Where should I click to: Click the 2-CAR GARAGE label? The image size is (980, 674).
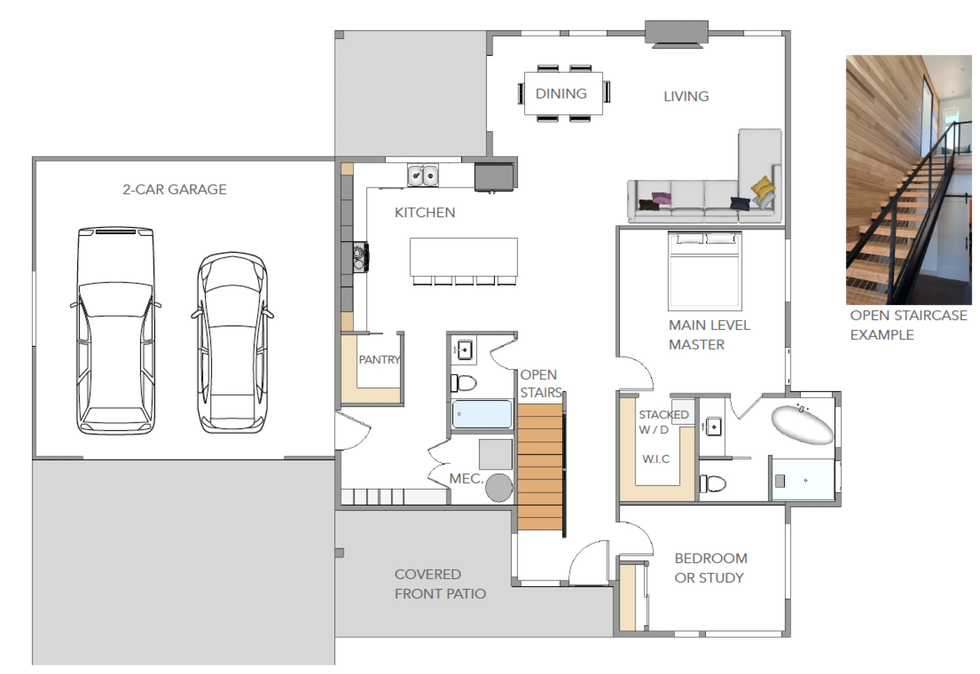pyautogui.click(x=175, y=189)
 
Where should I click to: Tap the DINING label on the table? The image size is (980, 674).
pyautogui.click(x=561, y=94)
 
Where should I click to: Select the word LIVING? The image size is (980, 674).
pyautogui.click(x=686, y=96)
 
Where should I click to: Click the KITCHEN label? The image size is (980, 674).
pyautogui.click(x=425, y=212)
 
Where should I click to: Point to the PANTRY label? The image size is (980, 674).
pyautogui.click(x=380, y=360)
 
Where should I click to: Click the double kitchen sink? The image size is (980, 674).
pyautogui.click(x=423, y=175)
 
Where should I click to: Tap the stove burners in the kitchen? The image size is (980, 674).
pyautogui.click(x=361, y=257)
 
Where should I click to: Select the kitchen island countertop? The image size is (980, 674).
pyautogui.click(x=463, y=257)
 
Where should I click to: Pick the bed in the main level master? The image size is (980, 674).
pyautogui.click(x=705, y=270)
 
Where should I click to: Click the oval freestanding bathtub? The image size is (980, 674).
pyautogui.click(x=802, y=424)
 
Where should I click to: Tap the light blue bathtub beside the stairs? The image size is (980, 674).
pyautogui.click(x=482, y=414)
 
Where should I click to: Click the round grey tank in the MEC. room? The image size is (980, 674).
pyautogui.click(x=499, y=488)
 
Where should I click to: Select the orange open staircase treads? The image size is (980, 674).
pyautogui.click(x=540, y=466)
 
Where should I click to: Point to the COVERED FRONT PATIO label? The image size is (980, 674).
pyautogui.click(x=440, y=584)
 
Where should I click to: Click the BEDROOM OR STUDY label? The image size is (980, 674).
pyautogui.click(x=711, y=568)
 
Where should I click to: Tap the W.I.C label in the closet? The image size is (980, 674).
pyautogui.click(x=656, y=459)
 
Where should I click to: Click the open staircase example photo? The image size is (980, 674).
pyautogui.click(x=909, y=180)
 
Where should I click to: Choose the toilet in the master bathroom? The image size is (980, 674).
pyautogui.click(x=713, y=483)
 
